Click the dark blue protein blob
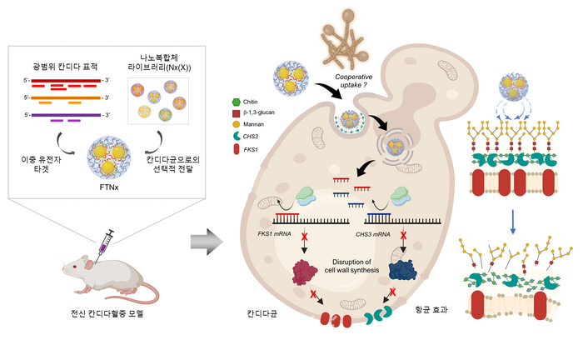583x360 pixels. (x=387, y=272)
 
